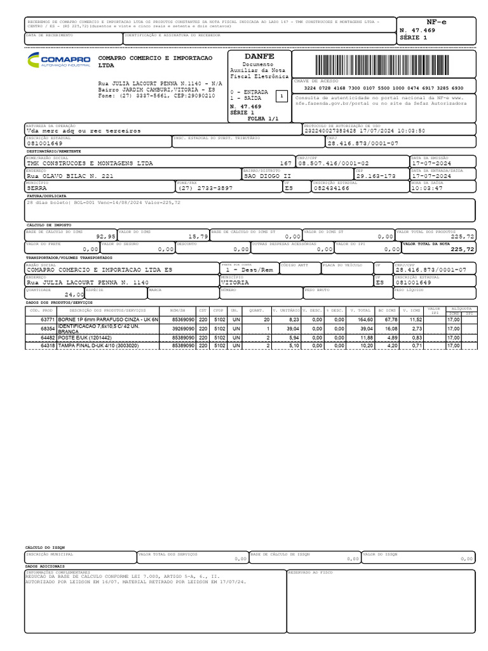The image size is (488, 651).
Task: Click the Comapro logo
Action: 58,61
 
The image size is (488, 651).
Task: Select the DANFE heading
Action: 259,57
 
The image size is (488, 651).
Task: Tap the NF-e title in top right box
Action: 436,22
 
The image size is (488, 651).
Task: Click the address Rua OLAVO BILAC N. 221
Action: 70,176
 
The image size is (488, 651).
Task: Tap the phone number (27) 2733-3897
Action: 205,189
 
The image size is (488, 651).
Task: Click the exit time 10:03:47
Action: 427,189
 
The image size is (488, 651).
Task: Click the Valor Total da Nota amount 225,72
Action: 462,250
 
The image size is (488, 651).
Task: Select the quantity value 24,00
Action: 74,295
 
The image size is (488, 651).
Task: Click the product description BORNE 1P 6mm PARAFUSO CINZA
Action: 107,319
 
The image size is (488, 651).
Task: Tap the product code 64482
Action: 47,337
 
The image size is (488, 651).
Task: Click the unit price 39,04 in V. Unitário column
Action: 292,329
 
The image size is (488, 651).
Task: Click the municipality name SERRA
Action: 37,189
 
